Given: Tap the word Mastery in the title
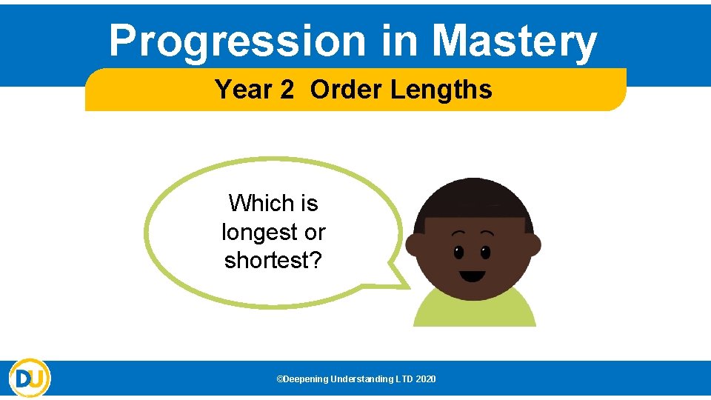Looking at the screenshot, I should click(x=514, y=41).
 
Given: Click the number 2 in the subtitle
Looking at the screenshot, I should click(x=287, y=90).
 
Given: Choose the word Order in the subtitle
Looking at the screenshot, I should click(x=346, y=90).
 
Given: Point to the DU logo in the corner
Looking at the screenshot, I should click(x=30, y=379).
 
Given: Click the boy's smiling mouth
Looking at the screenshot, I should click(x=472, y=276).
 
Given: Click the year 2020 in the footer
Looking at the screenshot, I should click(x=426, y=379).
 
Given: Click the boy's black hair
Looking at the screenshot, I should click(x=473, y=200).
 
